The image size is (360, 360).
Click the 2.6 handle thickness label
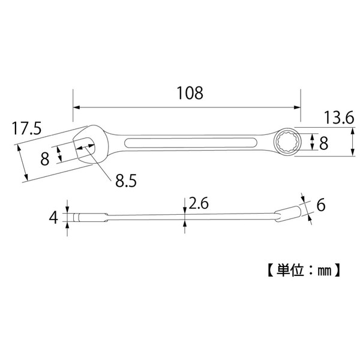[x=199, y=204]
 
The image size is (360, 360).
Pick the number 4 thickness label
[x=54, y=217]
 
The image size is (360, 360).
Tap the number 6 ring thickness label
[x=321, y=206]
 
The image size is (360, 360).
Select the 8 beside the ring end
[x=323, y=143]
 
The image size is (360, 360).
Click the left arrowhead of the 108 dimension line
[x=76, y=108]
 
